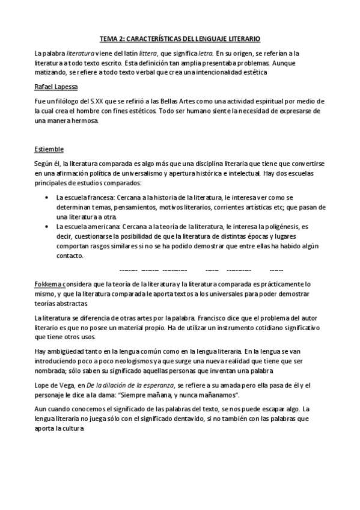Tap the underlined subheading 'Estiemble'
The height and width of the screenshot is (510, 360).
point(49,149)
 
